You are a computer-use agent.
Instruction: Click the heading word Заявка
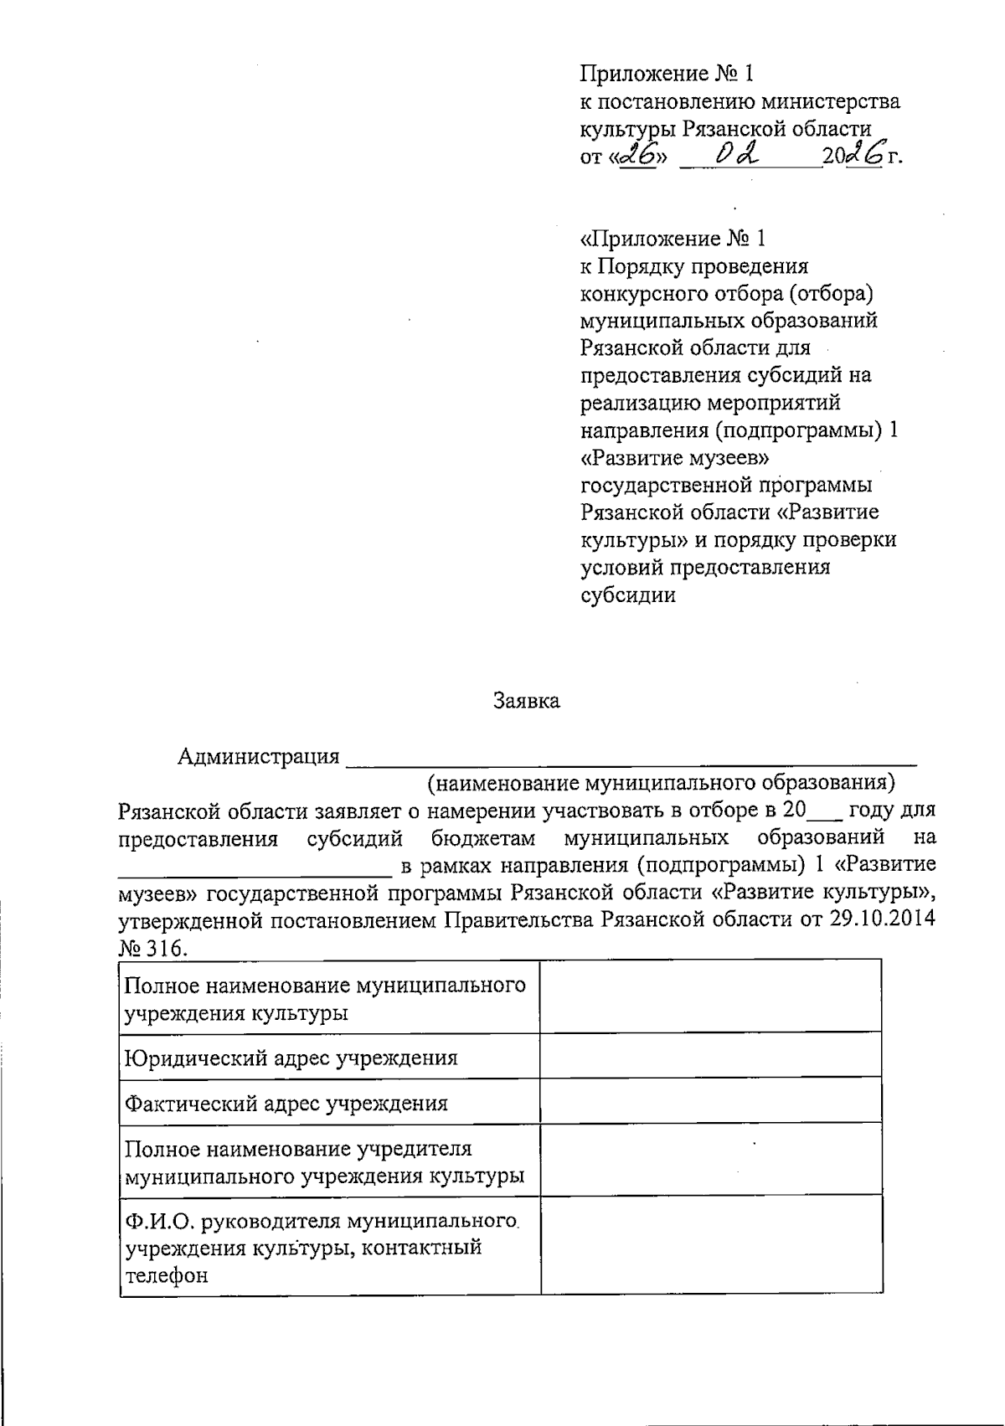526,702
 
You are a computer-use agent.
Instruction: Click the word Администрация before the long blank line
259,757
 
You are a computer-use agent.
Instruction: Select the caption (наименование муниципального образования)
661,783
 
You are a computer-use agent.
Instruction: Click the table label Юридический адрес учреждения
291,1057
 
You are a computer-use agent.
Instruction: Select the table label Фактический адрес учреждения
286,1103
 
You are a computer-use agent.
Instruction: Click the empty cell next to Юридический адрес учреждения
710,1055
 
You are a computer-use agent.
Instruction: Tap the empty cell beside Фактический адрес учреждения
710,1100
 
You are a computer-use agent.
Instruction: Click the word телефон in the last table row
166,1275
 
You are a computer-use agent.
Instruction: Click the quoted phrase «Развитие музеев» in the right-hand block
675,458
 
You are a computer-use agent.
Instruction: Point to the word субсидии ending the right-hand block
628,595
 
